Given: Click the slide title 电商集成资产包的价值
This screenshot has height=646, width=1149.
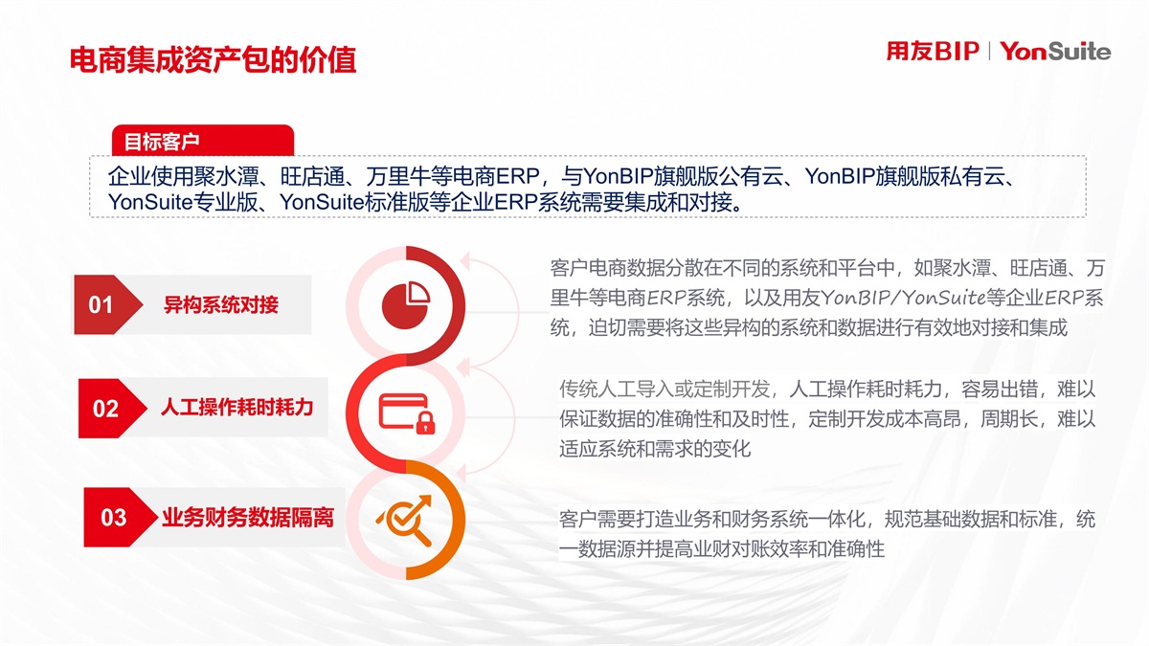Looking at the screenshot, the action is (213, 60).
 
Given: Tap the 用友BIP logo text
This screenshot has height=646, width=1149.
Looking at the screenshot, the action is (933, 52).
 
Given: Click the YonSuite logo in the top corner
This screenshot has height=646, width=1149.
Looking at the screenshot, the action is (1055, 52).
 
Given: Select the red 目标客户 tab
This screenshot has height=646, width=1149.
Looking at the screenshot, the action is (203, 141).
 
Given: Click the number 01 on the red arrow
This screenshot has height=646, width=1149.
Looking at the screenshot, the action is (101, 304).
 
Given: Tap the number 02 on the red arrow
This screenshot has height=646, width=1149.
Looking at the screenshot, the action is (105, 409).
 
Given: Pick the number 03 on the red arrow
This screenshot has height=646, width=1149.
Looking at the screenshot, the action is (113, 518).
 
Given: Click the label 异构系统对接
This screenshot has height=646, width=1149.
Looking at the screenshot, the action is (221, 304).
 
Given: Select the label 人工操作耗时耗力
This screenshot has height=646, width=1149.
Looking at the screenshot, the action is (237, 407).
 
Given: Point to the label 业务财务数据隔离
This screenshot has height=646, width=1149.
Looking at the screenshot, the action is (248, 518).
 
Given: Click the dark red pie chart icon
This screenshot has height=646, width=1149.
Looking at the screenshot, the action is (405, 304).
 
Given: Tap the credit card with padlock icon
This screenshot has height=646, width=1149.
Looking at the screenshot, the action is (407, 413).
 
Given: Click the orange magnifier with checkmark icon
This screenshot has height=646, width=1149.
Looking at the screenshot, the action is (405, 520).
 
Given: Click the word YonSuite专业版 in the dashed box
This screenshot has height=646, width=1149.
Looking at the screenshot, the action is (182, 202).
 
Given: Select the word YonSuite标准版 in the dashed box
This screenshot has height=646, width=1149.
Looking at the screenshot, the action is (354, 202).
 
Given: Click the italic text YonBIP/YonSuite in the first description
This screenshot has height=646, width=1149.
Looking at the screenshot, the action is (903, 298).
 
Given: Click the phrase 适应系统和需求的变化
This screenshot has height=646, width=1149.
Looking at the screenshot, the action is (655, 449).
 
